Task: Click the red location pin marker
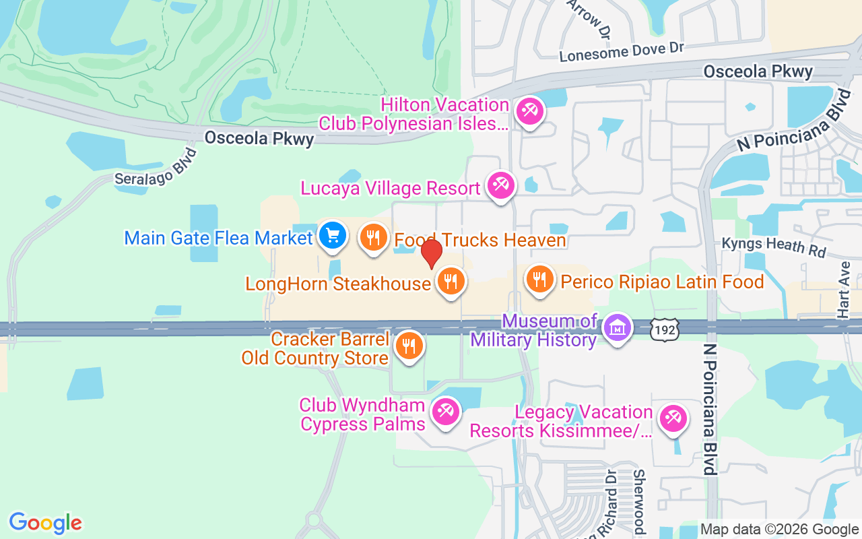[431, 253]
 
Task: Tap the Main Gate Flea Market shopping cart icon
[332, 236]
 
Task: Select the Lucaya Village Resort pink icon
[500, 184]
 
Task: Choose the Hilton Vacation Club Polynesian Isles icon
[529, 110]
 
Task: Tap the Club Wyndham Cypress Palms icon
[445, 410]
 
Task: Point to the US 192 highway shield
[665, 329]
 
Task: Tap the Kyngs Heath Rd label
[773, 246]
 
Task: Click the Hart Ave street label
[844, 290]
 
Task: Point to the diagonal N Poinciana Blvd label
[792, 121]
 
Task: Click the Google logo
[45, 523]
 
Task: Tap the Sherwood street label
[639, 502]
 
